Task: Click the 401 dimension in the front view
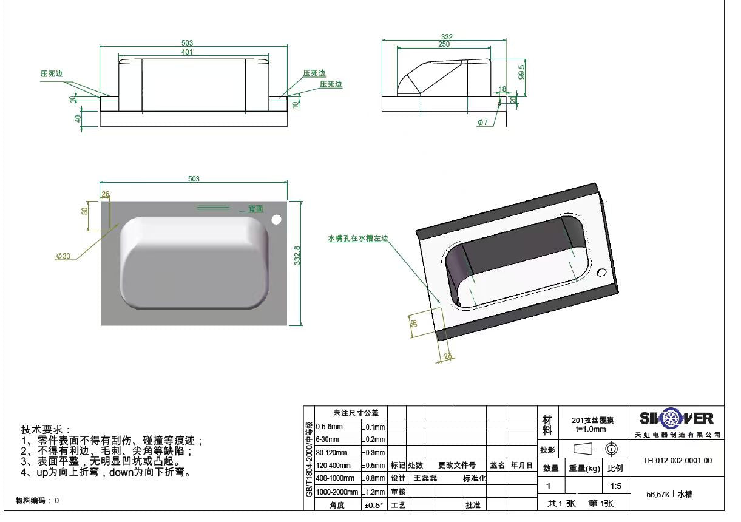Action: (187, 52)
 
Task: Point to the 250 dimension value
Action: (444, 44)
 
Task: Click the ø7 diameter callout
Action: (482, 123)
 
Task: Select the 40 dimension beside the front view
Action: (78, 118)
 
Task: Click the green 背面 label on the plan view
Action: (256, 209)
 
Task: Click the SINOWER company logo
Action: (677, 419)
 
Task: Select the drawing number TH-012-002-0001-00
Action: (677, 461)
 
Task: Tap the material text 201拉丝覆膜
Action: (592, 420)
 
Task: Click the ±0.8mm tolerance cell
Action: (373, 478)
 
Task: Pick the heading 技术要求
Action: (46, 429)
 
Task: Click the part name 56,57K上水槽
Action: (670, 495)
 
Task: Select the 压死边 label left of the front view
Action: (52, 73)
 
